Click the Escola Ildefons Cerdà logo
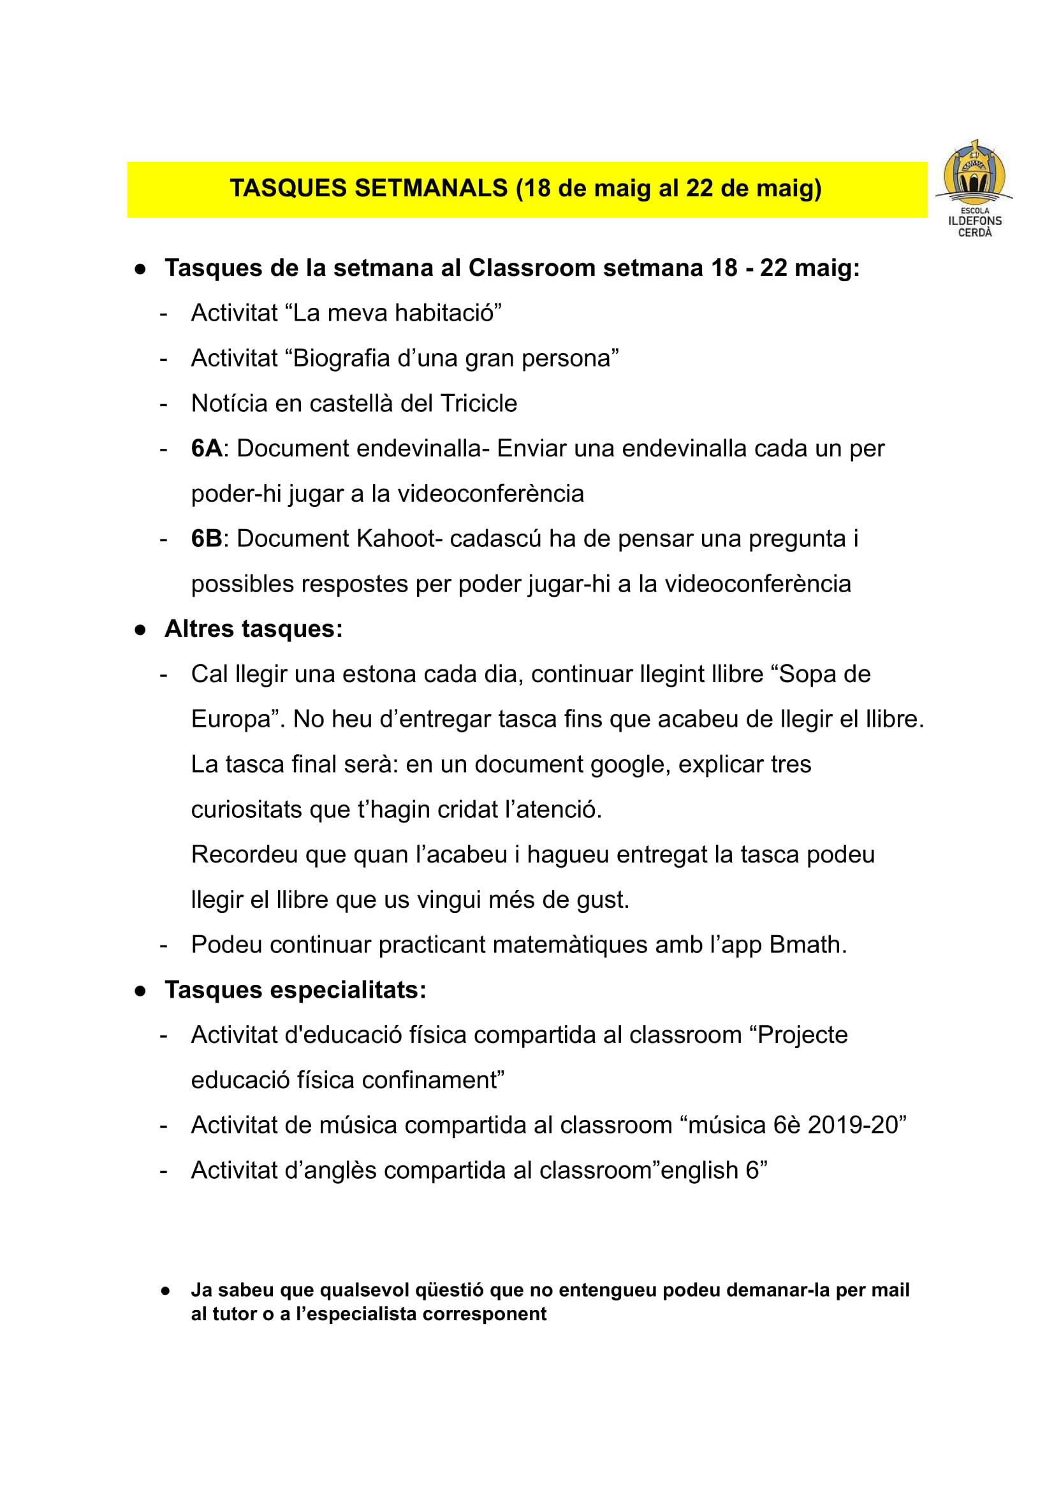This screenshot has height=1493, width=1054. pos(974,189)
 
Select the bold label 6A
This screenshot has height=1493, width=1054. pos(206,449)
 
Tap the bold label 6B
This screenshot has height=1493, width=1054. pos(206,539)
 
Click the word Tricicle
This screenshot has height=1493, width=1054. pos(479,404)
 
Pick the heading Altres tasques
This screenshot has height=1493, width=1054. pos(254,629)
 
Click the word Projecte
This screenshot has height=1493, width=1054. pos(803,1035)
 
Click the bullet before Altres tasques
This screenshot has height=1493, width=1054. pos(140,630)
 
